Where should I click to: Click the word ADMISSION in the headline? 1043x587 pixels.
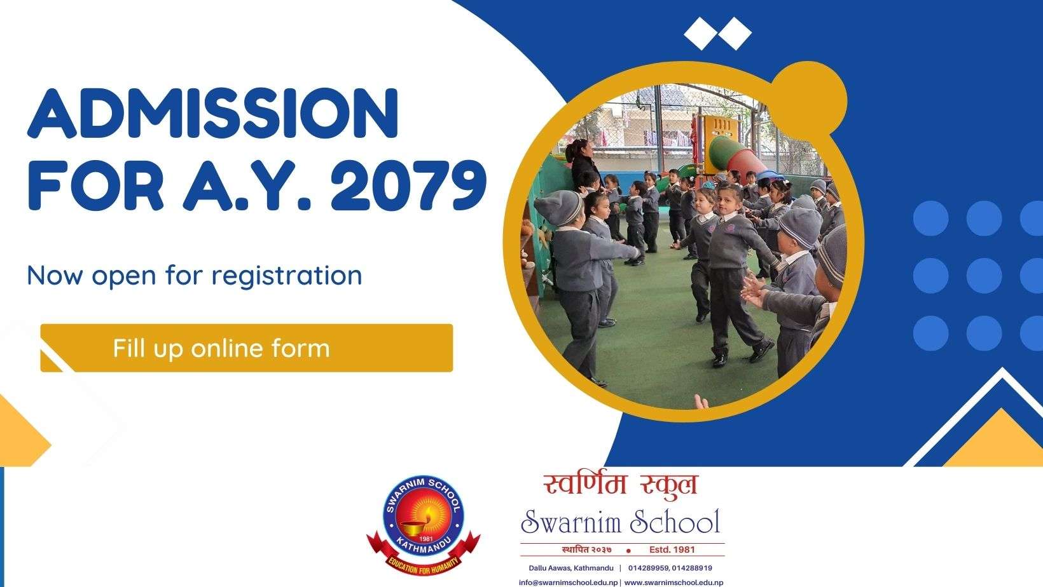tap(213, 114)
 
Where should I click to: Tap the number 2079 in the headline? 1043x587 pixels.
tap(409, 186)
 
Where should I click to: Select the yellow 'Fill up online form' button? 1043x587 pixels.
tap(246, 348)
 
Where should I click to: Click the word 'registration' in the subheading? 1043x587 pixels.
tap(287, 276)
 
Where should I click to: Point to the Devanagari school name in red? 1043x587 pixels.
tap(621, 485)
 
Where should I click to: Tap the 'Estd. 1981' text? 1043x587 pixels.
tap(672, 550)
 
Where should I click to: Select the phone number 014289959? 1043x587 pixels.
tap(648, 568)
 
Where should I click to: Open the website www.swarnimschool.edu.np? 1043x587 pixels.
tap(673, 583)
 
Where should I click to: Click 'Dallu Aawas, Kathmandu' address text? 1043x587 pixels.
tap(571, 568)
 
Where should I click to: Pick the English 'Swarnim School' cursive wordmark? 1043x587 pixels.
tap(621, 522)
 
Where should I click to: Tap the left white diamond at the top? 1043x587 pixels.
tap(700, 34)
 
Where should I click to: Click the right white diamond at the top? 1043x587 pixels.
tap(735, 34)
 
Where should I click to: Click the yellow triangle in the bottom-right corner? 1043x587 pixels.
tap(993, 440)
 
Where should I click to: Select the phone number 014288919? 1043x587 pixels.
tap(692, 568)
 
